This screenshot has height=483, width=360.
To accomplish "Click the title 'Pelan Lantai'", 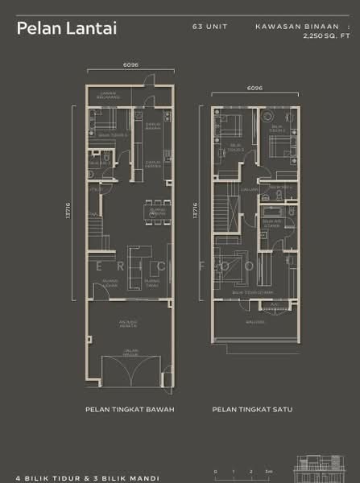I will (x=67, y=28).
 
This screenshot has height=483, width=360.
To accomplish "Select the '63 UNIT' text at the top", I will (x=210, y=27).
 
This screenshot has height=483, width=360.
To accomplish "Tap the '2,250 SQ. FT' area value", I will (x=327, y=36).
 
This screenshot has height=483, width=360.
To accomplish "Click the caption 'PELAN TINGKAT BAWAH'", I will (x=130, y=409).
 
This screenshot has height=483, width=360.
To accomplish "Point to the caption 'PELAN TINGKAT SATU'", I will (x=252, y=409).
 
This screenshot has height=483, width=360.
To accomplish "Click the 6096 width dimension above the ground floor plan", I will (x=130, y=64).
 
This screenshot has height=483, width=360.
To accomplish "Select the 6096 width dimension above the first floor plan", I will (x=255, y=88).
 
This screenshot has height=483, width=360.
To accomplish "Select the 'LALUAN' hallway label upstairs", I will (x=249, y=190).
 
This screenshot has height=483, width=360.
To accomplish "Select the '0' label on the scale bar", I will (x=215, y=471).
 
